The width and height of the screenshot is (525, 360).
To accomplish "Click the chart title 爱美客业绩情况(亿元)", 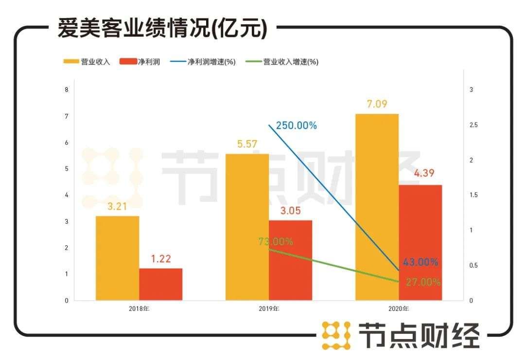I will [162, 29].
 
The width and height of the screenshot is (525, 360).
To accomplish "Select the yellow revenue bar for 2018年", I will [117, 258].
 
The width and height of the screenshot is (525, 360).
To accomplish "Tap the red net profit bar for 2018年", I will [160, 284].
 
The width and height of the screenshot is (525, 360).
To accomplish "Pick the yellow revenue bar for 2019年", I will [247, 227].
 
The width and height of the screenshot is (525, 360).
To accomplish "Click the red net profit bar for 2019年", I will [290, 260].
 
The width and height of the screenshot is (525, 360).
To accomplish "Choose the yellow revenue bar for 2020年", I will [377, 207].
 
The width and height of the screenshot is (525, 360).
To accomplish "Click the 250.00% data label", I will [296, 126].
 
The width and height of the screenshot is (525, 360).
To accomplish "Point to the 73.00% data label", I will [276, 242].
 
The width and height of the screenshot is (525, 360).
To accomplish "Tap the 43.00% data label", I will [421, 262].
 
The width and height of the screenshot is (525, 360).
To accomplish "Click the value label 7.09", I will [377, 104].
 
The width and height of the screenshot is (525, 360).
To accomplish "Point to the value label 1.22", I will [161, 259].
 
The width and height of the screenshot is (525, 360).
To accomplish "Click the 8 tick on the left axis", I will [66, 90].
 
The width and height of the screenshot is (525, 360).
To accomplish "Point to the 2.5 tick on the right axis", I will [473, 125].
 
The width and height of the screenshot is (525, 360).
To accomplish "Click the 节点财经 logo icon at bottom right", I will [336, 335].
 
